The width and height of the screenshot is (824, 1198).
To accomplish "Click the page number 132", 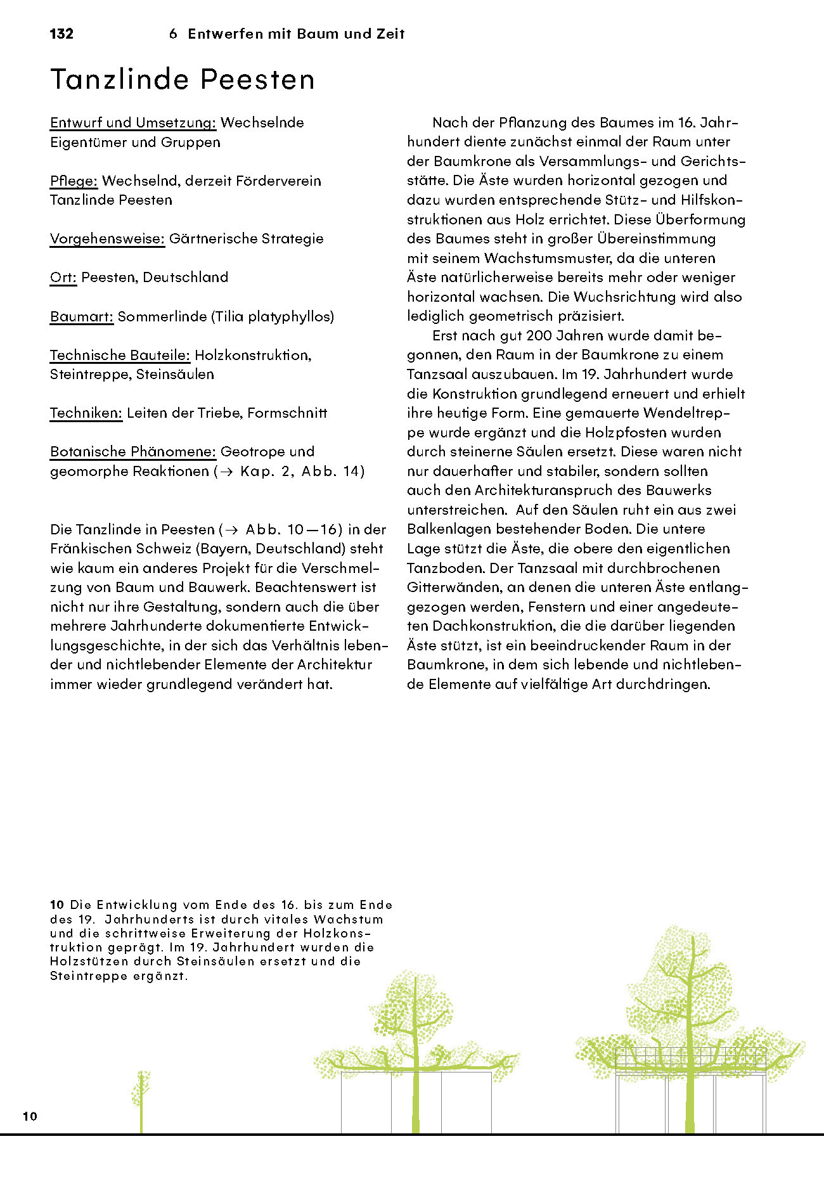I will pyautogui.click(x=61, y=34).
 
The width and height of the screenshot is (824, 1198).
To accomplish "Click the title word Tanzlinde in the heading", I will pyautogui.click(x=120, y=79).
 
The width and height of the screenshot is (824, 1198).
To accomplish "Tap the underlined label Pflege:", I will pyautogui.click(x=74, y=181).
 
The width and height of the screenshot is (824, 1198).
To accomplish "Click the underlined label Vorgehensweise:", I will pyautogui.click(x=107, y=238).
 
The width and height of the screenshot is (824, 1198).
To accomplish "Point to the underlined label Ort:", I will pyautogui.click(x=63, y=277).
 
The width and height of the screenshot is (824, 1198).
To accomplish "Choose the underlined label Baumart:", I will pyautogui.click(x=82, y=316).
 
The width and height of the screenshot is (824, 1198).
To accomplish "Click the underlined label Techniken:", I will pyautogui.click(x=86, y=413).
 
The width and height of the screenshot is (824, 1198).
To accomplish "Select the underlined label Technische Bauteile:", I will pyautogui.click(x=120, y=355).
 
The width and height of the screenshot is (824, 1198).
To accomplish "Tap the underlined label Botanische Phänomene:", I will pyautogui.click(x=133, y=451).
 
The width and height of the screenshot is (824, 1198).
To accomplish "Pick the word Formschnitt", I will pyautogui.click(x=287, y=413).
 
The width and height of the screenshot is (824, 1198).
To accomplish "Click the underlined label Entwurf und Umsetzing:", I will pyautogui.click(x=133, y=122).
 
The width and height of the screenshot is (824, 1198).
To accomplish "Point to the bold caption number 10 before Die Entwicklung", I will pyautogui.click(x=57, y=905).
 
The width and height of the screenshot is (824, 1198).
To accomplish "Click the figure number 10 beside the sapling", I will pyautogui.click(x=30, y=1116).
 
